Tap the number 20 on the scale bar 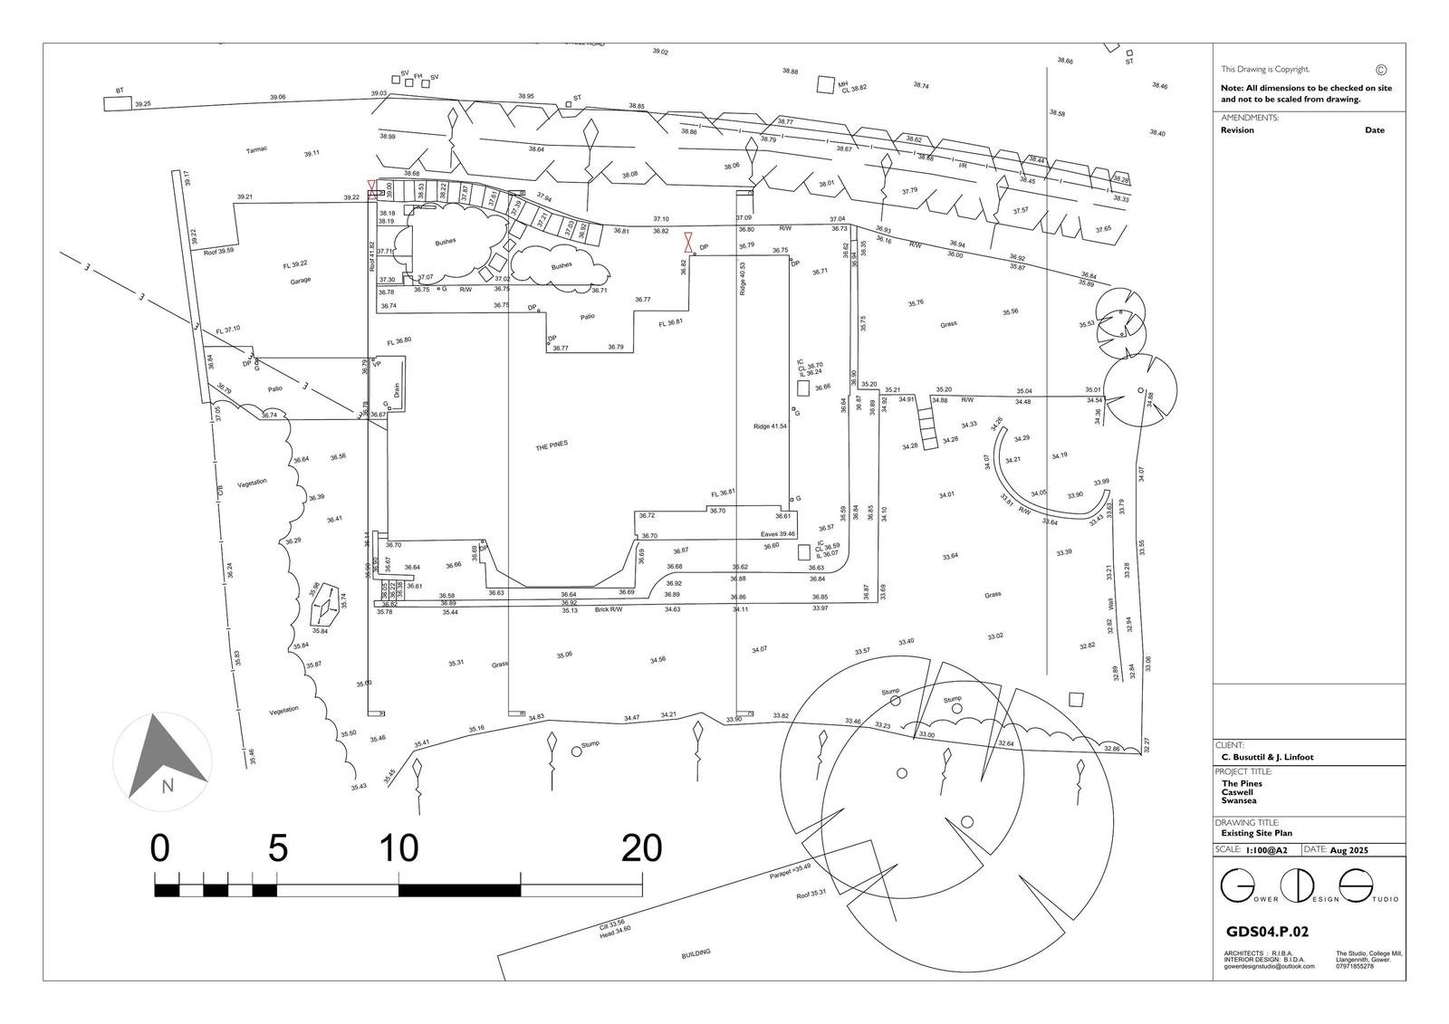click(641, 848)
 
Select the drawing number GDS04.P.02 click(1267, 931)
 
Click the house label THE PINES click(552, 446)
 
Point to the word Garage click(301, 280)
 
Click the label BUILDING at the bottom click(696, 953)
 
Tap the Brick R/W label click(609, 609)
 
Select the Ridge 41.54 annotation click(770, 426)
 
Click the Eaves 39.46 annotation click(778, 534)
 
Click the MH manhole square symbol click(824, 84)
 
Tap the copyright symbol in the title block click(1380, 70)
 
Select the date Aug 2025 click(1349, 850)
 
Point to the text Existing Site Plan click(1257, 833)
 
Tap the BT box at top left click(118, 102)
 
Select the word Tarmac click(256, 149)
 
